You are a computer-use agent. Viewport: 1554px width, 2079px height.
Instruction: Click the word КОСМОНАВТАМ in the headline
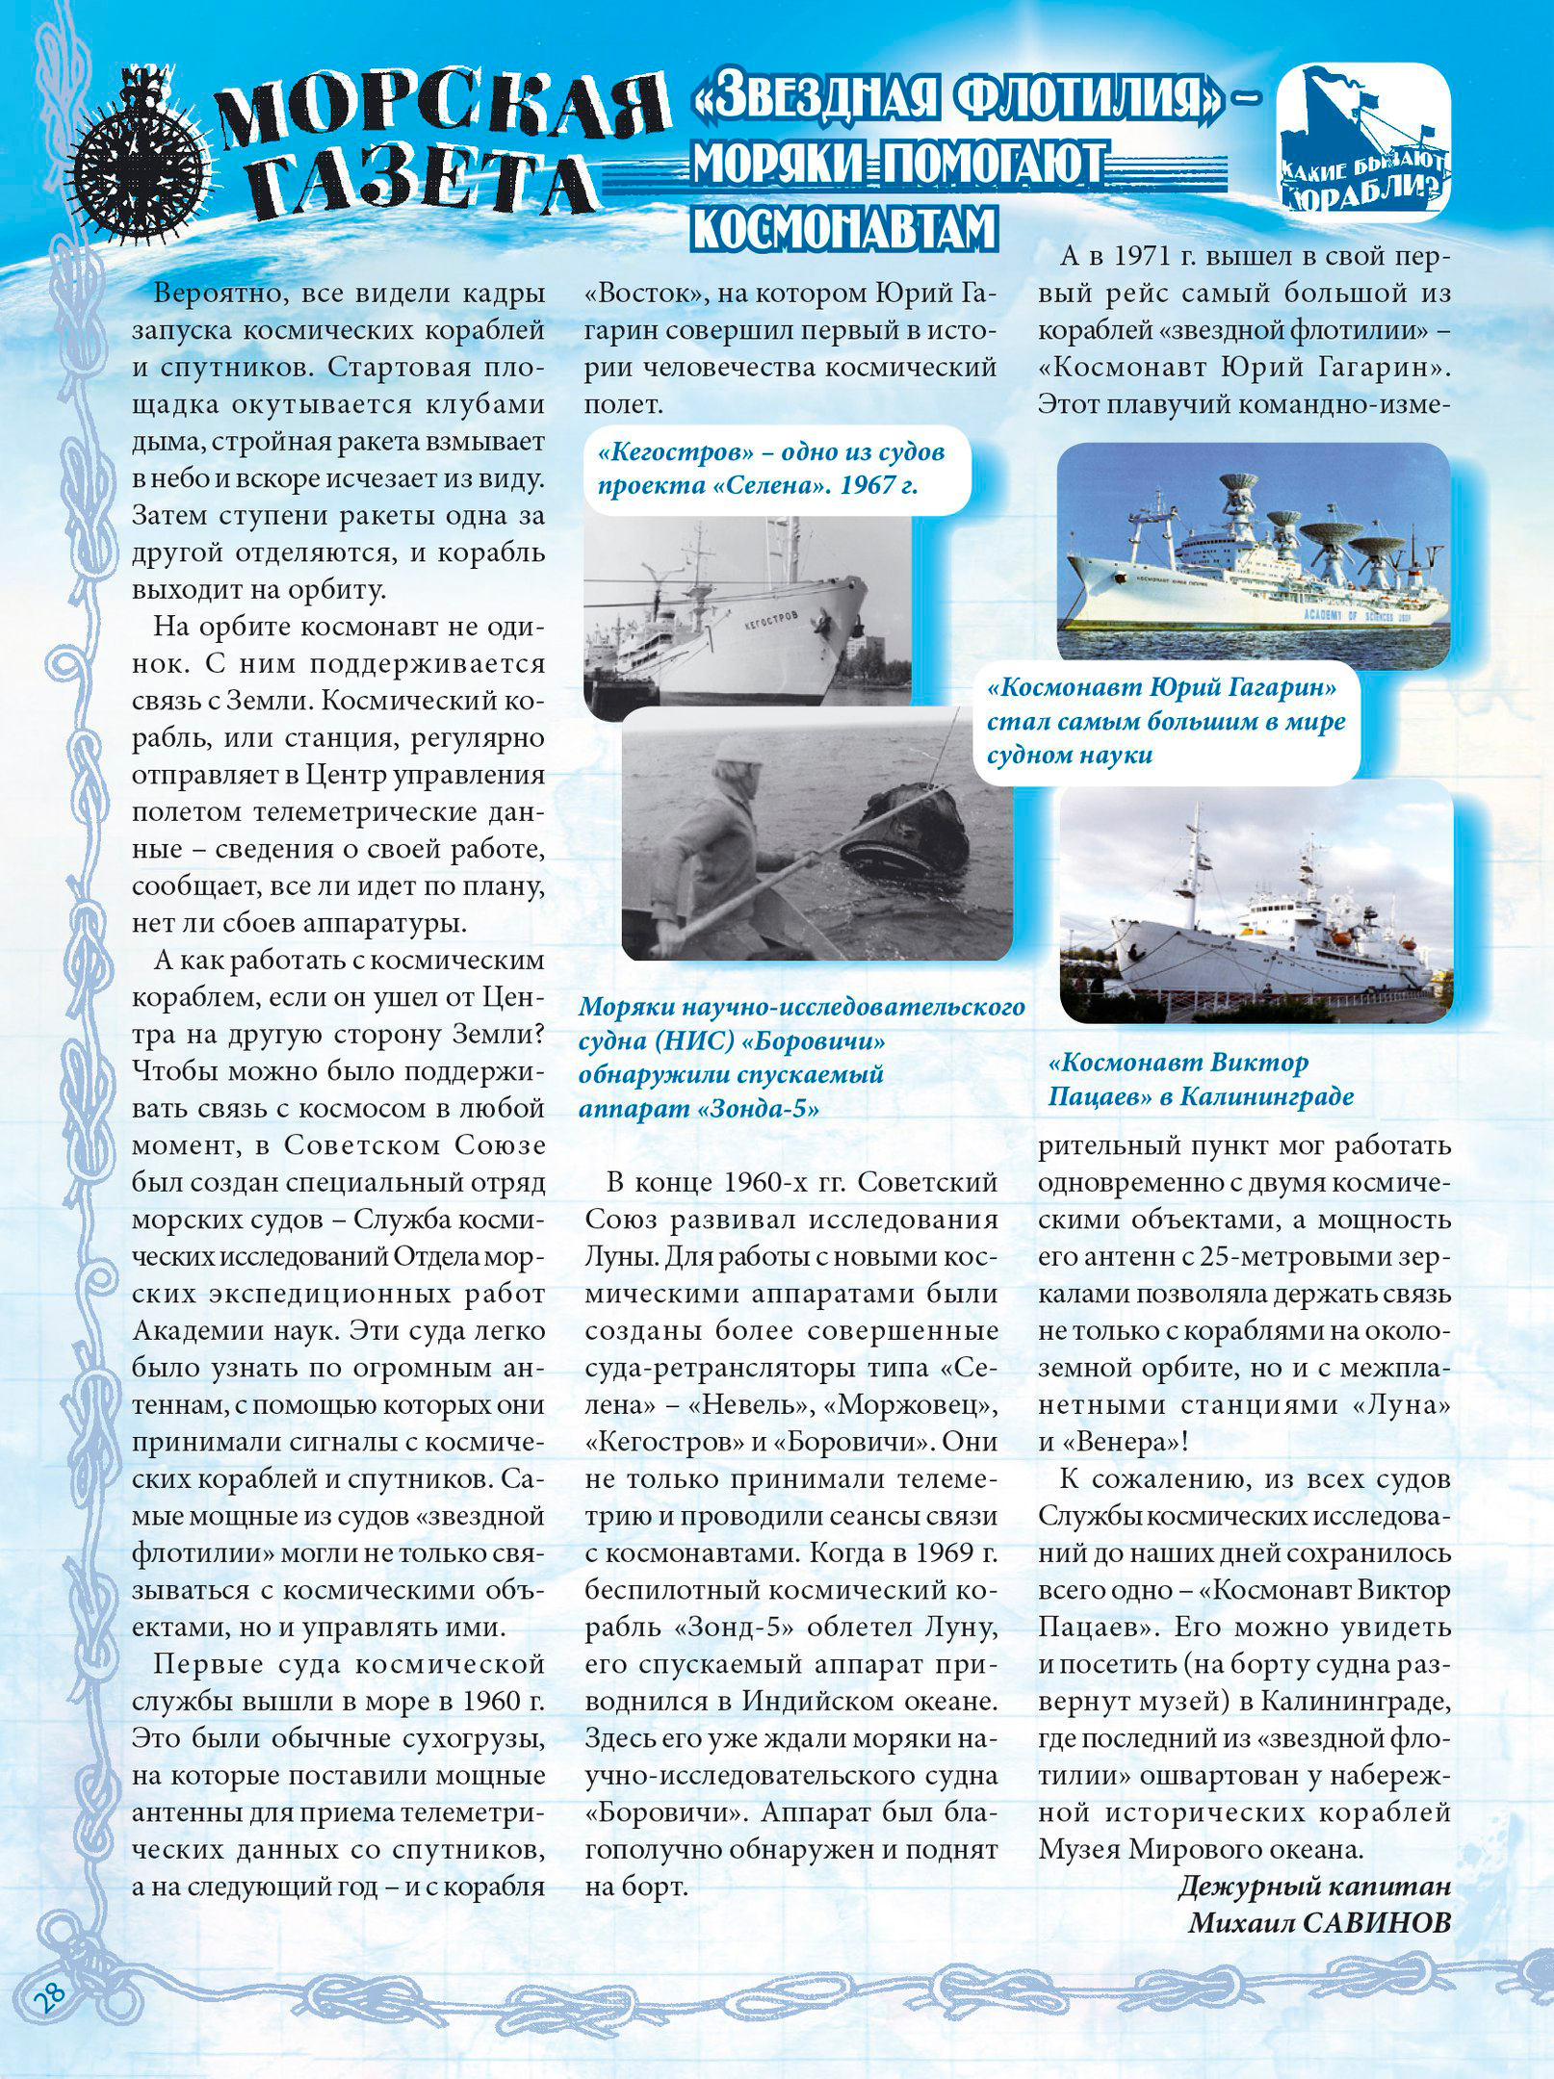(843, 228)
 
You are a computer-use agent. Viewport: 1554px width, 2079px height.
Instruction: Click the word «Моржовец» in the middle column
(916, 1404)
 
